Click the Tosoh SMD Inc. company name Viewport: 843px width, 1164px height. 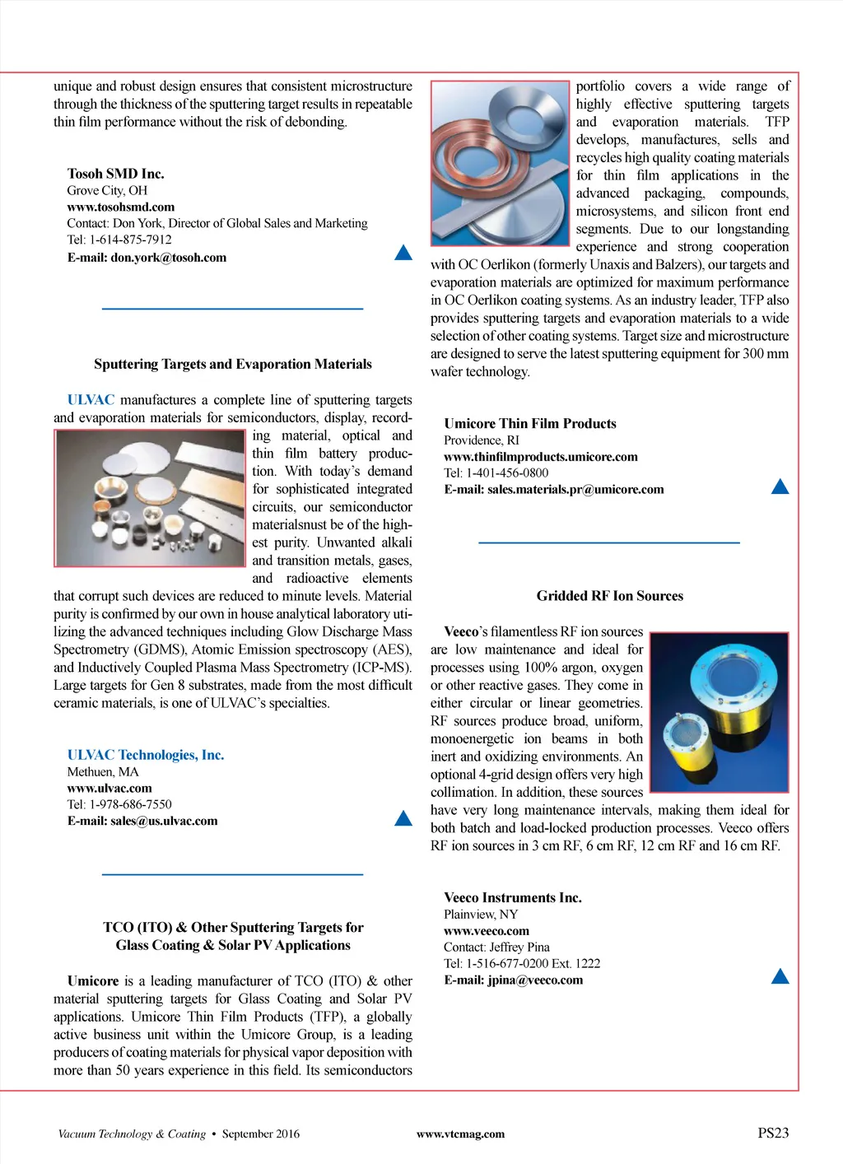[115, 174]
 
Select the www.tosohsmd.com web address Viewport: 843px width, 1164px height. [121, 207]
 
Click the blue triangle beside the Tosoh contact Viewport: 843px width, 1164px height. [403, 253]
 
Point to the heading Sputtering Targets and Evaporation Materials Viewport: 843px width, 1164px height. [232, 364]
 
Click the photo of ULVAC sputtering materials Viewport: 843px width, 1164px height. [150, 498]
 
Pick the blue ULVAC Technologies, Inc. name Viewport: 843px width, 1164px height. [146, 755]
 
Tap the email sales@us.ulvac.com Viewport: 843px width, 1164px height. [142, 821]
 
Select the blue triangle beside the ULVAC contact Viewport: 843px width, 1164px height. [403, 818]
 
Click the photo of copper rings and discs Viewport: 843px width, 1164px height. [500, 163]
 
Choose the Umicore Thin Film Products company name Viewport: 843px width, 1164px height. [529, 424]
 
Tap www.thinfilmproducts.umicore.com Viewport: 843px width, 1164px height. [540, 457]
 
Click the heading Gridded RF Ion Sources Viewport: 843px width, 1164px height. [609, 596]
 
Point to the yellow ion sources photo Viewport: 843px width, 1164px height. [719, 712]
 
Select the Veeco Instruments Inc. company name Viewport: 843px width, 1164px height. [512, 898]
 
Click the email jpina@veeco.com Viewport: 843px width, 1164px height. [513, 980]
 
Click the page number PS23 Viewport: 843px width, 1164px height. [773, 1134]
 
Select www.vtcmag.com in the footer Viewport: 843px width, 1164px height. [460, 1134]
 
